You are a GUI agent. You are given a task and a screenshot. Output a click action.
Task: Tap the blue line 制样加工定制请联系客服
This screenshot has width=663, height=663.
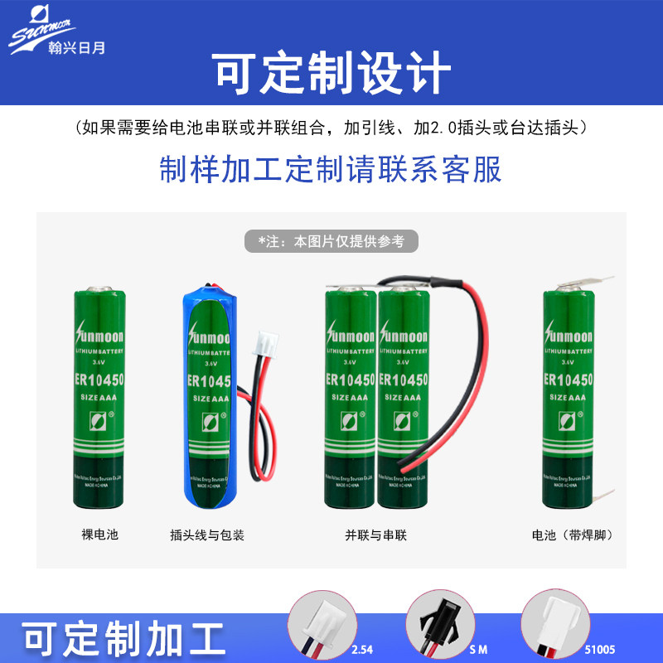[x=331, y=170]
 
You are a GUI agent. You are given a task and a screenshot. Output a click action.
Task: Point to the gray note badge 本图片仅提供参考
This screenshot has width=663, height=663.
[x=331, y=241]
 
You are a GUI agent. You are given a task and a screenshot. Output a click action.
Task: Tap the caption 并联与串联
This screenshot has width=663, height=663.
[x=376, y=535]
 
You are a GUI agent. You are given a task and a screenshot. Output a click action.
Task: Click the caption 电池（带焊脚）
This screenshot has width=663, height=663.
[x=573, y=535]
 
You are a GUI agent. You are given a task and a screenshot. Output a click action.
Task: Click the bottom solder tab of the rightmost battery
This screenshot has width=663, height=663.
[x=603, y=498]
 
